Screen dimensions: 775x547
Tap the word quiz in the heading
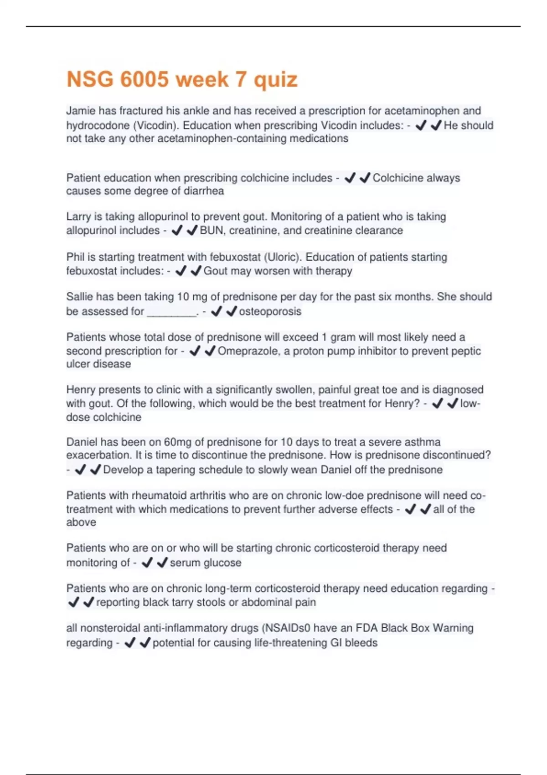pos(275,79)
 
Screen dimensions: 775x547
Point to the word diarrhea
pos(203,191)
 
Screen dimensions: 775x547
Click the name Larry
pos(79,217)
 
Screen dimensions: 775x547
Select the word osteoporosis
pos(270,311)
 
